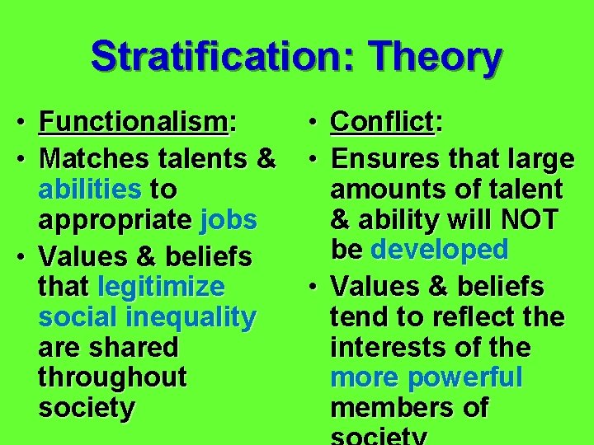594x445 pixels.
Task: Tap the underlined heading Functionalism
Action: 134,124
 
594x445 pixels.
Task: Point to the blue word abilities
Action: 90,190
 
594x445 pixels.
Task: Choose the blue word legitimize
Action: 161,287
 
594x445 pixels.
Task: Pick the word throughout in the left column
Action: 113,377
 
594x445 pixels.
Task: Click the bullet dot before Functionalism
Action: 27,124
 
